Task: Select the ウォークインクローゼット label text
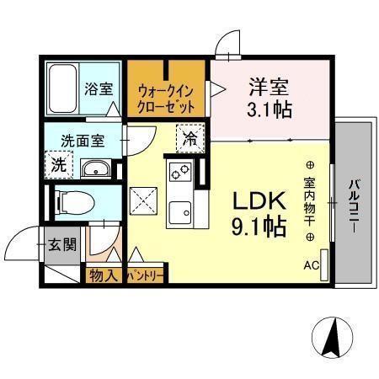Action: [167, 99]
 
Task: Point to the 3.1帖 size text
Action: [270, 109]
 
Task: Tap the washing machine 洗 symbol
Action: [58, 165]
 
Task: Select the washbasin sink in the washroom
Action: [95, 169]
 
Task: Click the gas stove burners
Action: [180, 173]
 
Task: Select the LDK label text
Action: [254, 201]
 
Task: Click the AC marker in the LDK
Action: [311, 266]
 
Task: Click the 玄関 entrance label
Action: [62, 245]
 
